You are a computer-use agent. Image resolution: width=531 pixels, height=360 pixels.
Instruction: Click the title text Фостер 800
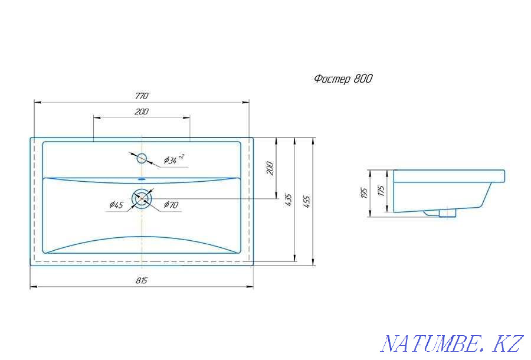[x=343, y=79]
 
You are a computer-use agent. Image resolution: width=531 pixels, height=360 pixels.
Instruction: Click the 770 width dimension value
[x=142, y=96]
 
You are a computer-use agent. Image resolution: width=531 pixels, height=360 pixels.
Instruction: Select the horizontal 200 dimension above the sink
[x=141, y=112]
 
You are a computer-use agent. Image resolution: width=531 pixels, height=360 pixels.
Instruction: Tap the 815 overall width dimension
[x=142, y=280]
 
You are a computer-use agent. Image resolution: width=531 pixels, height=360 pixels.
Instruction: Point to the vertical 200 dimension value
[x=270, y=168]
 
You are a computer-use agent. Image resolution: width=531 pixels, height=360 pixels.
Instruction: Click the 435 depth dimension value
[x=288, y=200]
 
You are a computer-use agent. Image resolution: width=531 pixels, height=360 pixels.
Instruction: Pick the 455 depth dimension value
[x=307, y=201]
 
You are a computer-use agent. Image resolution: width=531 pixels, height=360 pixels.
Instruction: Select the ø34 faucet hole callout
[x=174, y=159]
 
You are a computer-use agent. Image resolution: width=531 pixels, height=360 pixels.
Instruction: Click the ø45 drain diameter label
[x=116, y=205]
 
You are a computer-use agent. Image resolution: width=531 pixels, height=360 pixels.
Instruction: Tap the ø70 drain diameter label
[x=171, y=205]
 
